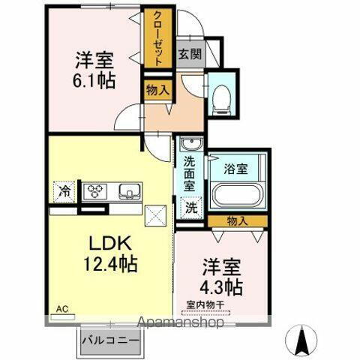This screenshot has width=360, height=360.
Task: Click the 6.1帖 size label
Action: coord(94,79)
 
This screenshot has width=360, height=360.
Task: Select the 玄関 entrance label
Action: coord(190,54)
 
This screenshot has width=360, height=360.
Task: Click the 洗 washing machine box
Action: coord(191,206)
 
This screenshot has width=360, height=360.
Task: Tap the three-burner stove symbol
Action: coord(97,190)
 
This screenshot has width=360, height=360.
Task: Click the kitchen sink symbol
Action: coord(128,190)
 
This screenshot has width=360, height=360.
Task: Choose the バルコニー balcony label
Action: coord(110,341)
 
